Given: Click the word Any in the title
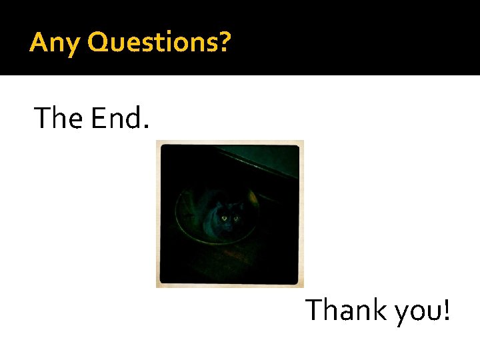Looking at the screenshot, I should (x=55, y=43).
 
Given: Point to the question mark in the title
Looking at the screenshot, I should (x=225, y=42).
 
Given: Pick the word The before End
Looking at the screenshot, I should (x=60, y=119).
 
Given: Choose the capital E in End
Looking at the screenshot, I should (x=98, y=119).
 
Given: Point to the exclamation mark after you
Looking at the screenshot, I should (x=445, y=310).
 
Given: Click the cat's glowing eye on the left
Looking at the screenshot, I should (x=224, y=217).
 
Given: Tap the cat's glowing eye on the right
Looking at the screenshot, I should (x=236, y=217).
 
